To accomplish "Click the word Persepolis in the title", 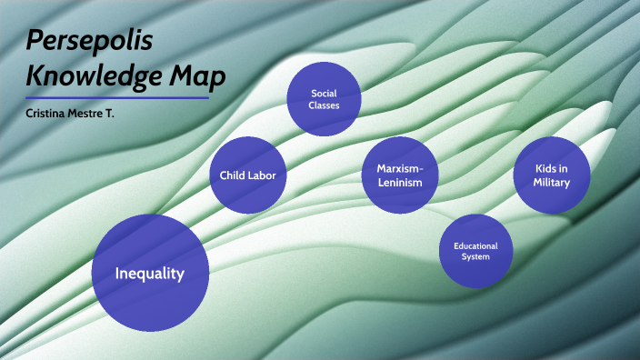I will pyautogui.click(x=75, y=41).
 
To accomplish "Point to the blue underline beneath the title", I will pyautogui.click(x=117, y=98).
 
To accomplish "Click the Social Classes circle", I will pyautogui.click(x=325, y=99).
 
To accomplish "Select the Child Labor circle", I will pyautogui.click(x=248, y=175).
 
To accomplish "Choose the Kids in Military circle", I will pyautogui.click(x=553, y=175).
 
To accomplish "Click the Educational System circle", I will pyautogui.click(x=475, y=250).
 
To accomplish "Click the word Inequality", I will pyautogui.click(x=151, y=273).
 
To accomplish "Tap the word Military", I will pyautogui.click(x=553, y=183).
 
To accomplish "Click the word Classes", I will pyautogui.click(x=325, y=105).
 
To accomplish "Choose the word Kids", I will pyautogui.click(x=544, y=168).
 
